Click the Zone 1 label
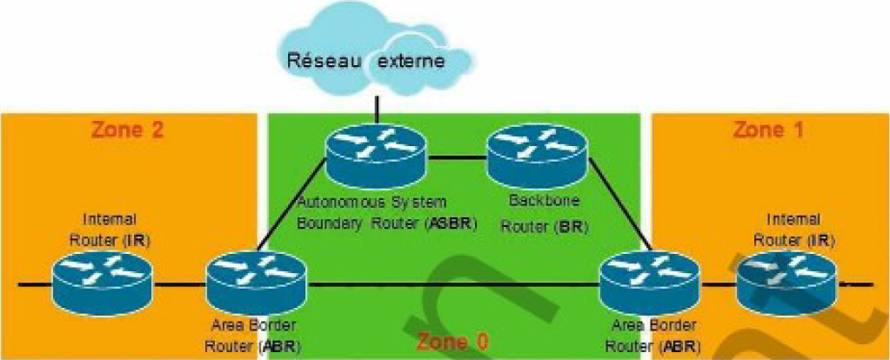click(768, 130)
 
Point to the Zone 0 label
click(452, 341)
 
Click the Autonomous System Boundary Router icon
click(375, 153)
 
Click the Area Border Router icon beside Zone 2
click(258, 278)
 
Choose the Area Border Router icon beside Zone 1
click(652, 278)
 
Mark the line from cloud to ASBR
click(377, 110)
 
